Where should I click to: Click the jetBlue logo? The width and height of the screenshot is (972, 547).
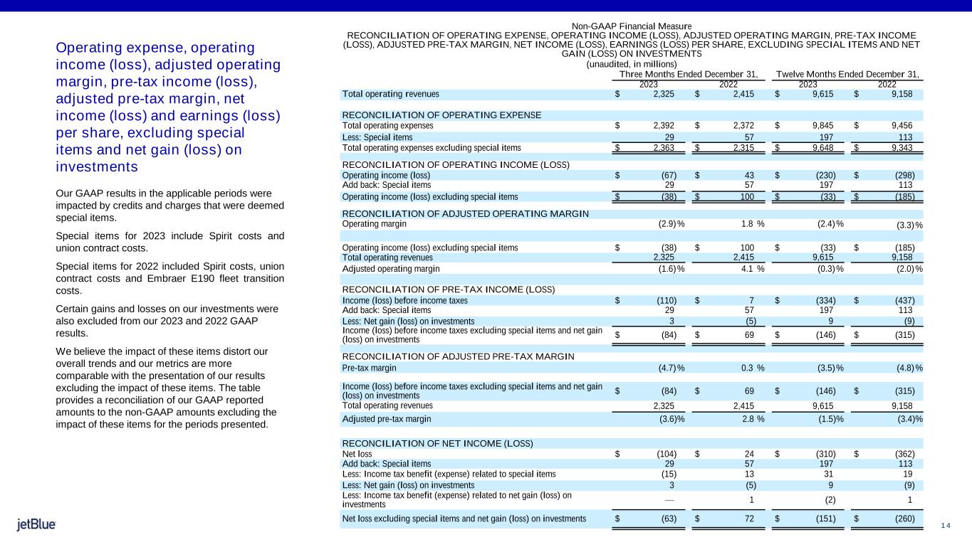click(36, 525)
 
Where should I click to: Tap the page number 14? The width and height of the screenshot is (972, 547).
click(945, 525)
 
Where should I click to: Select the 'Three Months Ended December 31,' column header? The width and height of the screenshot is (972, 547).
click(688, 74)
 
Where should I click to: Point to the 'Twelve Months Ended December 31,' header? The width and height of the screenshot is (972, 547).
click(847, 74)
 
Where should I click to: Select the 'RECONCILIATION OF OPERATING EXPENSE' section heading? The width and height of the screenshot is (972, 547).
click(441, 115)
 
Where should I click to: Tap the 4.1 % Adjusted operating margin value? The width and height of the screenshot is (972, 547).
click(751, 269)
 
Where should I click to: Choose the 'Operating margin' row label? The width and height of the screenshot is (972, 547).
click(375, 223)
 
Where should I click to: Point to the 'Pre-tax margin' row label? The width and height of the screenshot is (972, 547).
click(370, 368)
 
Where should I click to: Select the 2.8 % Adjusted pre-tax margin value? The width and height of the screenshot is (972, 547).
click(751, 419)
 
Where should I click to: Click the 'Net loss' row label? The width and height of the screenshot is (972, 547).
click(357, 454)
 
